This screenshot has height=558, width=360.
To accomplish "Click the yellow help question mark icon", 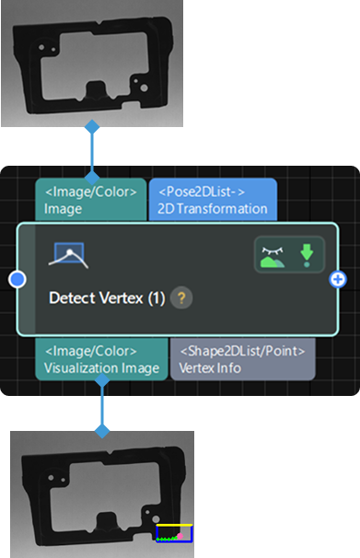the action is click(181, 297).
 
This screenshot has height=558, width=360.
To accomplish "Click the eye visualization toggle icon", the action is click(272, 254).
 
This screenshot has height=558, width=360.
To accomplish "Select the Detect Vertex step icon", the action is click(68, 255).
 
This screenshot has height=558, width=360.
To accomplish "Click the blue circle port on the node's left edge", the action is click(17, 279).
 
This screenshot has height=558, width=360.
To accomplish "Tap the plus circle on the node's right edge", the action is click(338, 279).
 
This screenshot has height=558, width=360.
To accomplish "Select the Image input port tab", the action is click(90, 200).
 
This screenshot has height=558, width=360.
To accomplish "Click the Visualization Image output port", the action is click(101, 359).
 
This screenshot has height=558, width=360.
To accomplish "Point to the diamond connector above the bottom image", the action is click(101, 430).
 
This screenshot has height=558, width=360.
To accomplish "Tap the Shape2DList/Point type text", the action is click(242, 351).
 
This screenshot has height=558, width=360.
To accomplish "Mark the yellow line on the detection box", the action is click(174, 525).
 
